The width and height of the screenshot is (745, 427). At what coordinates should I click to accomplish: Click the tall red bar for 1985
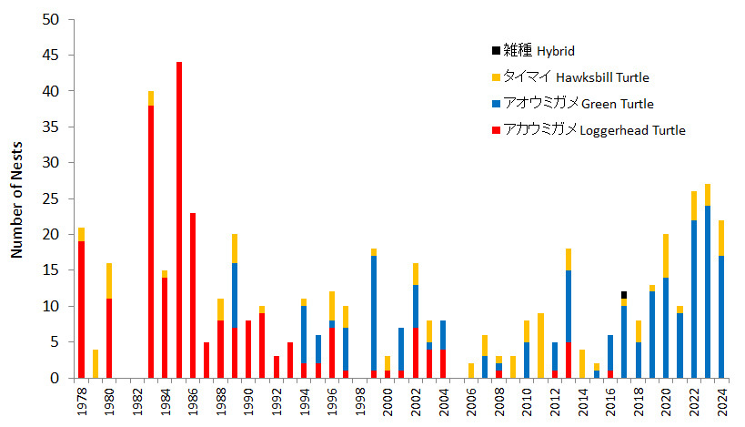[179, 219]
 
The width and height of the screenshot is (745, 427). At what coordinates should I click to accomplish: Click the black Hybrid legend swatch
[496, 51]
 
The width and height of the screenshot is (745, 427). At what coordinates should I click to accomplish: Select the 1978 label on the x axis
[82, 402]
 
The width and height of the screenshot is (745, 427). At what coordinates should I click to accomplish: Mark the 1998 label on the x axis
[359, 402]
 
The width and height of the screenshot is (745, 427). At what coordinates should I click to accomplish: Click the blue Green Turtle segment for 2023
[707, 291]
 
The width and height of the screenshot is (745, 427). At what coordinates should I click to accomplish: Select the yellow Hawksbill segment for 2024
[720, 238]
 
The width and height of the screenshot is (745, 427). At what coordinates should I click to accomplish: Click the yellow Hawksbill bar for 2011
[540, 345]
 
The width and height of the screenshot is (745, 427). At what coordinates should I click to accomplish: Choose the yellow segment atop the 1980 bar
[109, 280]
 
